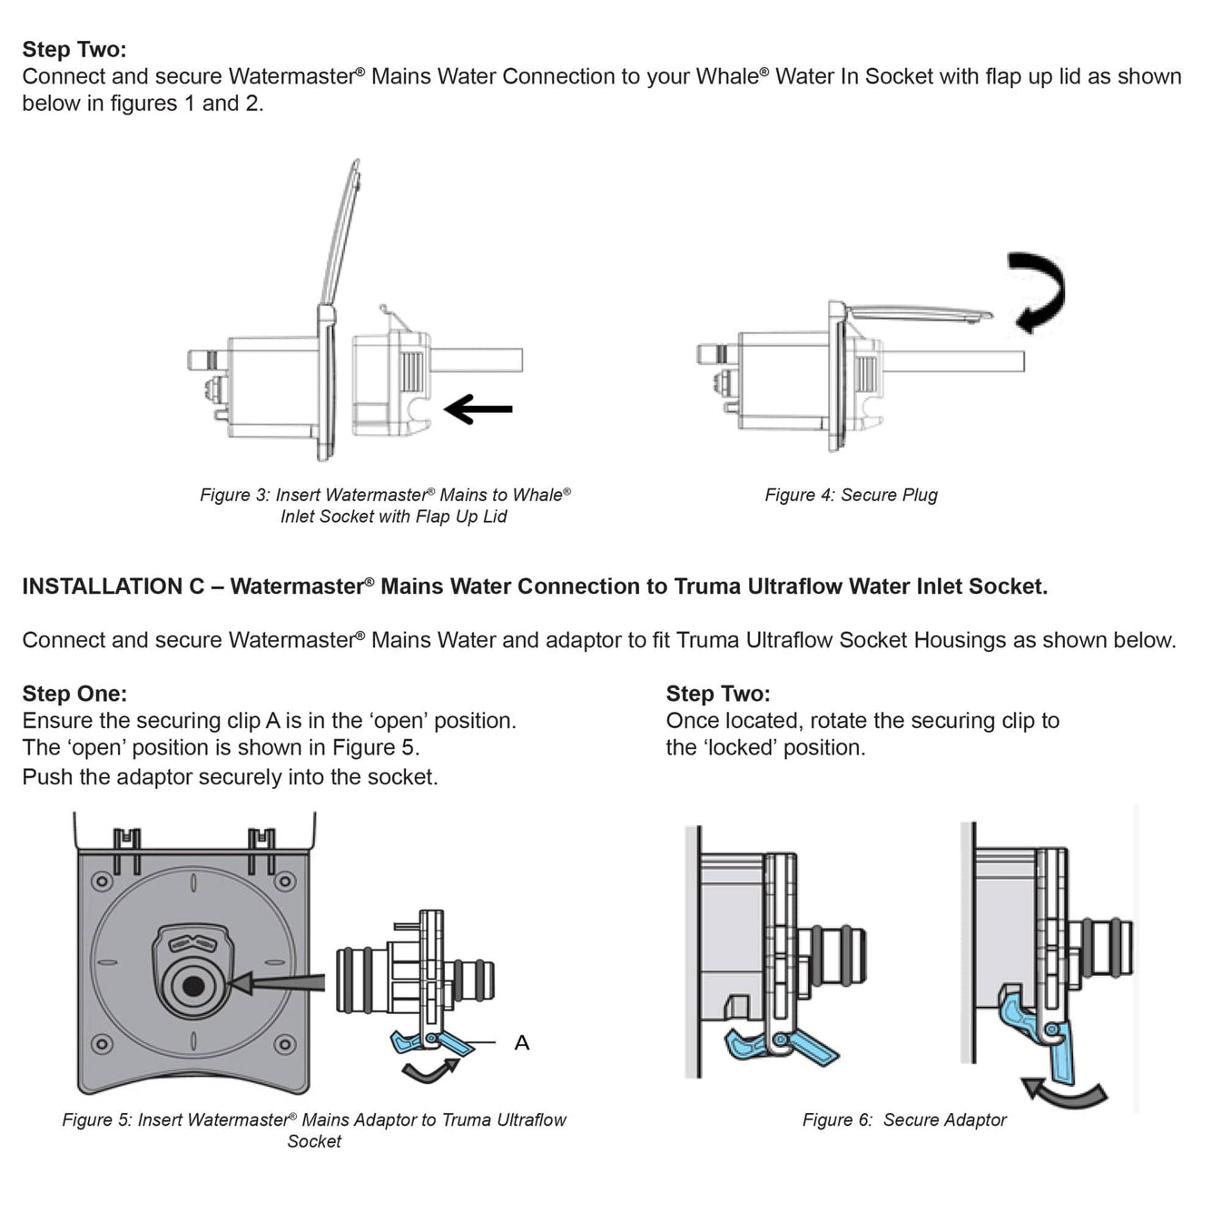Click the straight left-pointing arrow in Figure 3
pos(478,409)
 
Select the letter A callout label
pos(521,1042)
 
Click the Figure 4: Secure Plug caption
pos(851,495)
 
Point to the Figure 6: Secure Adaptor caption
pos(904,1119)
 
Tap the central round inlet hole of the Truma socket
pos(192,985)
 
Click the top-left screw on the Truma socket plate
pos(102,881)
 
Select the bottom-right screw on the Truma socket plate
pos(284,1044)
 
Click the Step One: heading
pos(74,694)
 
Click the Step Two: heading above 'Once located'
pos(717,694)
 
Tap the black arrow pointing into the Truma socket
pos(277,982)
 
